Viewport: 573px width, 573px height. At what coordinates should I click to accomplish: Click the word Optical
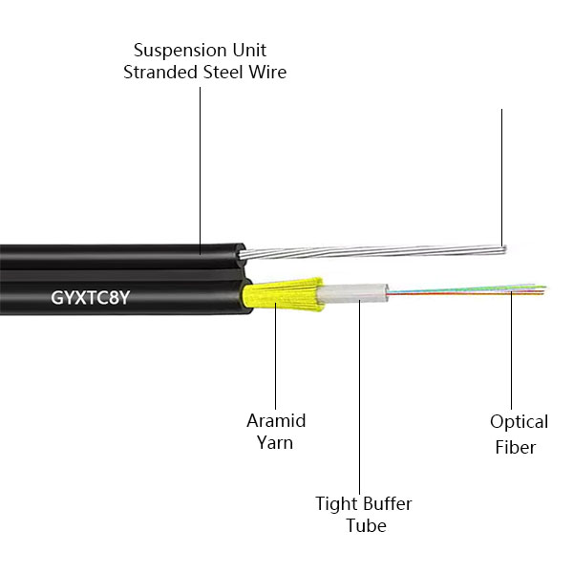(x=519, y=422)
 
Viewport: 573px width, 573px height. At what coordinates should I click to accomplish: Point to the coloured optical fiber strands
(x=477, y=287)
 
